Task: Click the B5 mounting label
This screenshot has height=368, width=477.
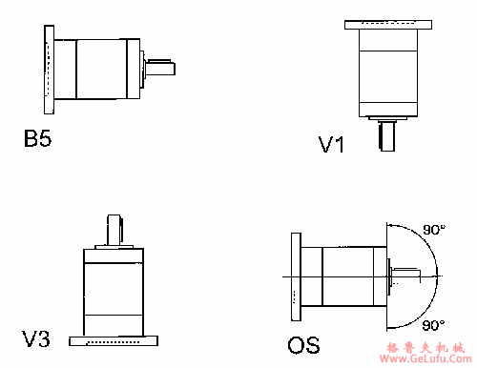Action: pos(37,138)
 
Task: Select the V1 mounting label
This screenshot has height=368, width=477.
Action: pos(331,145)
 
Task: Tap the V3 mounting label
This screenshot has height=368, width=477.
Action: pos(35,338)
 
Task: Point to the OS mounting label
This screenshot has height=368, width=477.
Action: pos(303,345)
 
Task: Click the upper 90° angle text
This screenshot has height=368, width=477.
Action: pos(434,230)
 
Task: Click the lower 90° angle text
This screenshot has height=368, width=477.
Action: pos(433,325)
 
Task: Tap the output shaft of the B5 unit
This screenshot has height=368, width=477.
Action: pos(160,67)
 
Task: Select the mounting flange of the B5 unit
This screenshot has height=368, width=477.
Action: pos(49,70)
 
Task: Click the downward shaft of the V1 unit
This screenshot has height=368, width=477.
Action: pos(387,136)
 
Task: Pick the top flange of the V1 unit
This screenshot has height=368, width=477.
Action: pos(388,25)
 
